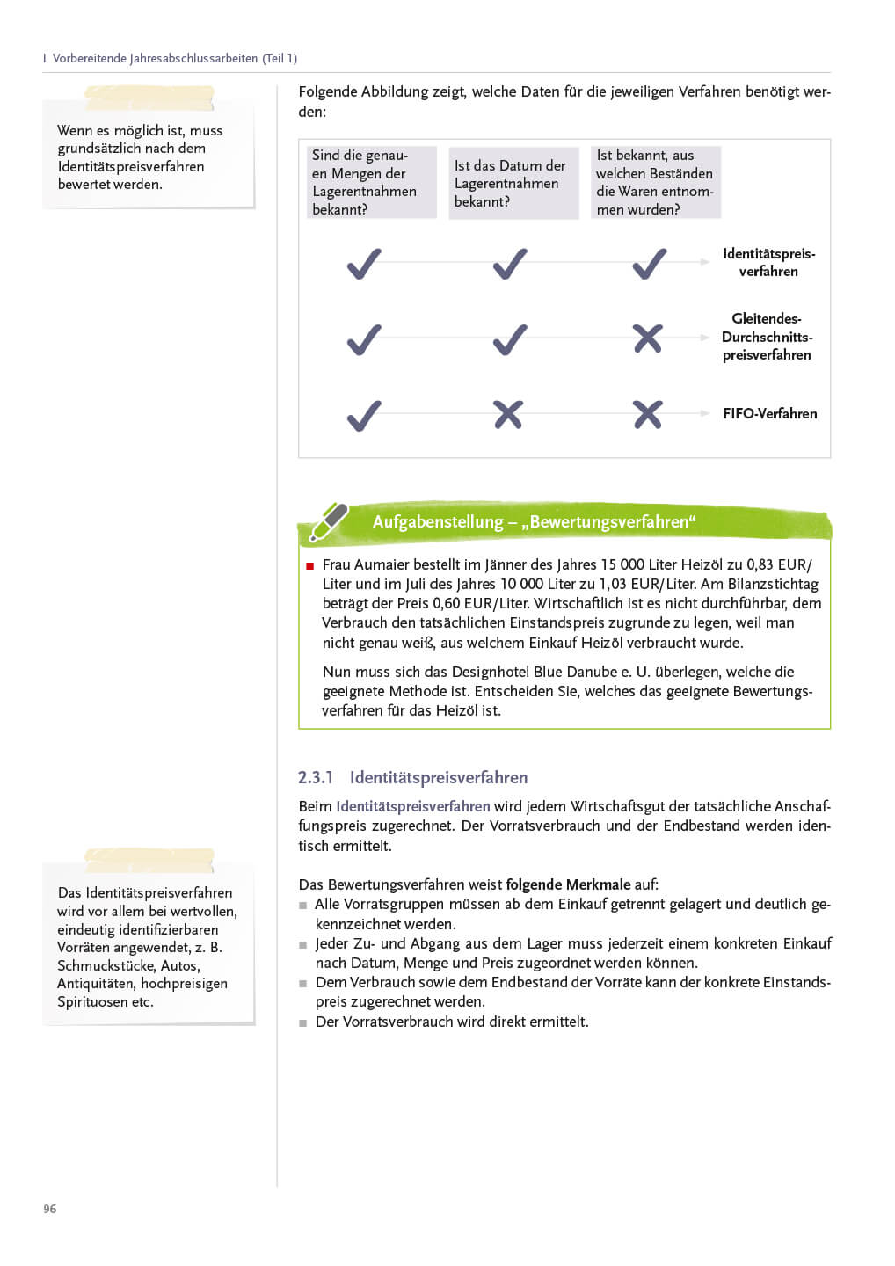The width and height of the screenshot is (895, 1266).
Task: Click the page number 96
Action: [x=50, y=1209]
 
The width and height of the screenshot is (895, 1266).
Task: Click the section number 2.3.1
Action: [x=316, y=777]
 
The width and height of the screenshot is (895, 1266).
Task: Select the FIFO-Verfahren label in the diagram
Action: [x=769, y=413]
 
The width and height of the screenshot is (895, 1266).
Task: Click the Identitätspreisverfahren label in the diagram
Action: [x=768, y=262]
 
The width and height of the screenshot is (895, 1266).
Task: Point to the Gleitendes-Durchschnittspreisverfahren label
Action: [x=767, y=337]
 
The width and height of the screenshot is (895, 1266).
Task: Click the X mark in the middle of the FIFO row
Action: [x=508, y=414]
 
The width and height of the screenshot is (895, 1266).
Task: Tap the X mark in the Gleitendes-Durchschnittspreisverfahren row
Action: [x=648, y=338]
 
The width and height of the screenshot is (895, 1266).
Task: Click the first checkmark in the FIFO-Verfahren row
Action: [x=364, y=415]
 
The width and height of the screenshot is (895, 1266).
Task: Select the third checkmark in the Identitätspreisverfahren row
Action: [x=650, y=264]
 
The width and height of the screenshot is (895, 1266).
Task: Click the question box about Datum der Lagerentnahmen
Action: [x=513, y=183]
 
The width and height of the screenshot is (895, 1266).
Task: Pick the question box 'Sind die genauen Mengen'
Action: [x=371, y=182]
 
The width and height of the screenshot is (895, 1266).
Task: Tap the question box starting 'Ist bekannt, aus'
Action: [x=655, y=182]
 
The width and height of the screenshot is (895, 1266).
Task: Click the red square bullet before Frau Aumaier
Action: [x=309, y=566]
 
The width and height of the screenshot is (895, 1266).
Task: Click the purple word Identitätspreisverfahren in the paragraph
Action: [x=413, y=806]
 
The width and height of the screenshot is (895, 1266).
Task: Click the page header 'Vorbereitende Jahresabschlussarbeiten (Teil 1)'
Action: [x=174, y=58]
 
